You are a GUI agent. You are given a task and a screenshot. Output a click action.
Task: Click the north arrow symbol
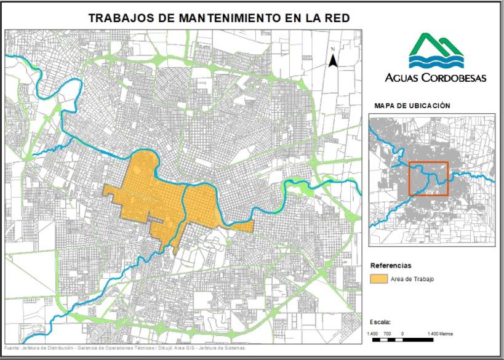(332, 60)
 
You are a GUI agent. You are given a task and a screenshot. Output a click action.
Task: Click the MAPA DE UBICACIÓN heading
(412, 105)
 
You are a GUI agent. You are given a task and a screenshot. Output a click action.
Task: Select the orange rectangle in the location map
(429, 178)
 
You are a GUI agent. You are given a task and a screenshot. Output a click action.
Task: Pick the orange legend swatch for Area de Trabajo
(377, 279)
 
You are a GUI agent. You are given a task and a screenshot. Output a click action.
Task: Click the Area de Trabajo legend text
(412, 279)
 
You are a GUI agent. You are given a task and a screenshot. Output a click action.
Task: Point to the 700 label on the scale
(387, 334)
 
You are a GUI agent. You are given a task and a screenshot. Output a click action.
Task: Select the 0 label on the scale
(402, 334)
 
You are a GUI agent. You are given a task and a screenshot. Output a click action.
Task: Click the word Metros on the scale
(446, 334)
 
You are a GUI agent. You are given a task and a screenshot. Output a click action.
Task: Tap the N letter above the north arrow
(332, 49)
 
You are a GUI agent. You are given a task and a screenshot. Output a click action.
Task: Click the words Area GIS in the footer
(183, 348)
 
